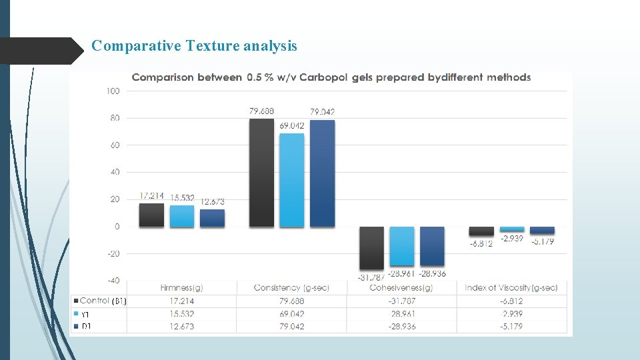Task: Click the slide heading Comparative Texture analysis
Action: [194, 46]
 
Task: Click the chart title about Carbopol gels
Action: [331, 77]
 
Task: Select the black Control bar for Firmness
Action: [151, 215]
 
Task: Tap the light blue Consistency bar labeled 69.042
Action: [291, 180]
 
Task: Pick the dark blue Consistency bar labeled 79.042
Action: [322, 173]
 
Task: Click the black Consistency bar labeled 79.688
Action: [261, 173]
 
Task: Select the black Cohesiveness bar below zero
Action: [371, 247]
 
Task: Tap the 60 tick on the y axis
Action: [113, 145]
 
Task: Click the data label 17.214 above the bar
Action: [151, 196]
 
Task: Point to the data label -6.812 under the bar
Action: [481, 243]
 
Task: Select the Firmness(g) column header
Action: [181, 287]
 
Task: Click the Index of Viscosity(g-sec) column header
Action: [511, 287]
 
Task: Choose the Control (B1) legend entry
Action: [99, 301]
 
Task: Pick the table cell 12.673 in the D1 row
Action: [181, 327]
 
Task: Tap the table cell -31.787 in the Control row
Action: [401, 301]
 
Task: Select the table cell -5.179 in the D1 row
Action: [511, 327]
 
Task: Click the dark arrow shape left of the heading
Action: [40, 50]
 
